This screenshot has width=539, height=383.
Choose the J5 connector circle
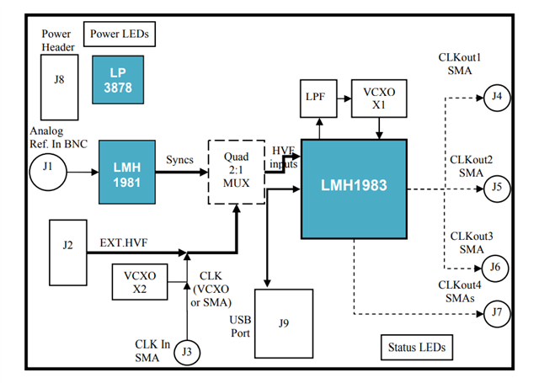click(x=497, y=187)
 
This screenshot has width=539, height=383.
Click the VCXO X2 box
click(x=140, y=280)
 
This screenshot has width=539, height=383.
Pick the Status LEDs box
click(x=417, y=347)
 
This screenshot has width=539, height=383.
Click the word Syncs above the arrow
click(x=180, y=160)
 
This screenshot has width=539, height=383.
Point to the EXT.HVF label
click(x=125, y=241)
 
